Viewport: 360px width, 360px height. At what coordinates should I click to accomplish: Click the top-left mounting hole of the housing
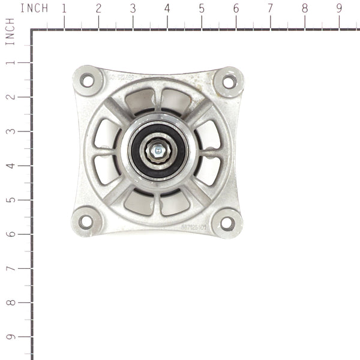coord(88,79)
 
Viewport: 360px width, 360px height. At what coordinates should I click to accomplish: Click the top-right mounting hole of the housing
coord(229,82)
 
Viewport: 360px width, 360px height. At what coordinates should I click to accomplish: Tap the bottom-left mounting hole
coord(86,221)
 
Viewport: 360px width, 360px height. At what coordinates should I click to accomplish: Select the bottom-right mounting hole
coord(227,223)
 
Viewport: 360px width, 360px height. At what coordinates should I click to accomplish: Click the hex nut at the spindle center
coord(157,151)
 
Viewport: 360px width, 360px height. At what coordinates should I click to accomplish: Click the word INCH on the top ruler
coord(34,9)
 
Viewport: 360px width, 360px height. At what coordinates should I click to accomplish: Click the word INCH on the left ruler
coord(9,32)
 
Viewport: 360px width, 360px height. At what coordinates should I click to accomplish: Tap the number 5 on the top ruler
coord(201,9)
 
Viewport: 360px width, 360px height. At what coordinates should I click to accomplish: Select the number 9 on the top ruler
coord(339,9)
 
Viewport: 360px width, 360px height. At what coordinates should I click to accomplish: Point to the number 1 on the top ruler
coord(63,9)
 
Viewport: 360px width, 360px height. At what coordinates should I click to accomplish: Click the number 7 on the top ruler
coord(270,9)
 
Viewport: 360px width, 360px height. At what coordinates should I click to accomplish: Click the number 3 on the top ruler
coord(132,9)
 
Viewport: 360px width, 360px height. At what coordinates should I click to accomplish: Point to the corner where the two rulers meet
coord(31,29)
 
